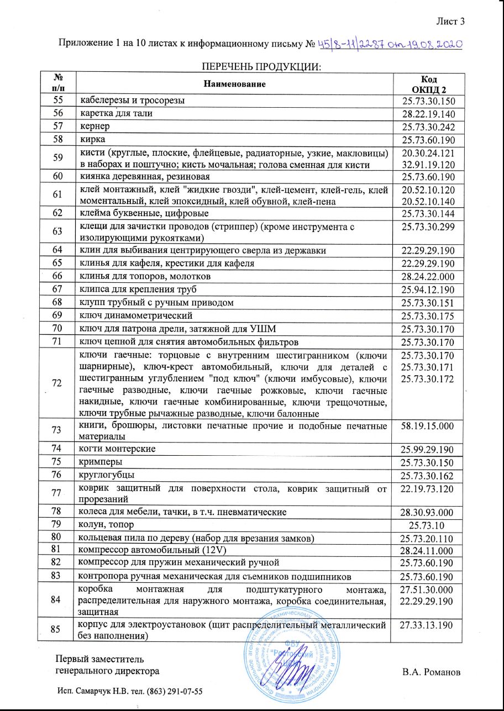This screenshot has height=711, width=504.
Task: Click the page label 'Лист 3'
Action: (x=450, y=22)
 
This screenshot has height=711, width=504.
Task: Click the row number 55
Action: (x=56, y=100)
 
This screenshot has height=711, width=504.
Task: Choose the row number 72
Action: (x=56, y=382)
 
